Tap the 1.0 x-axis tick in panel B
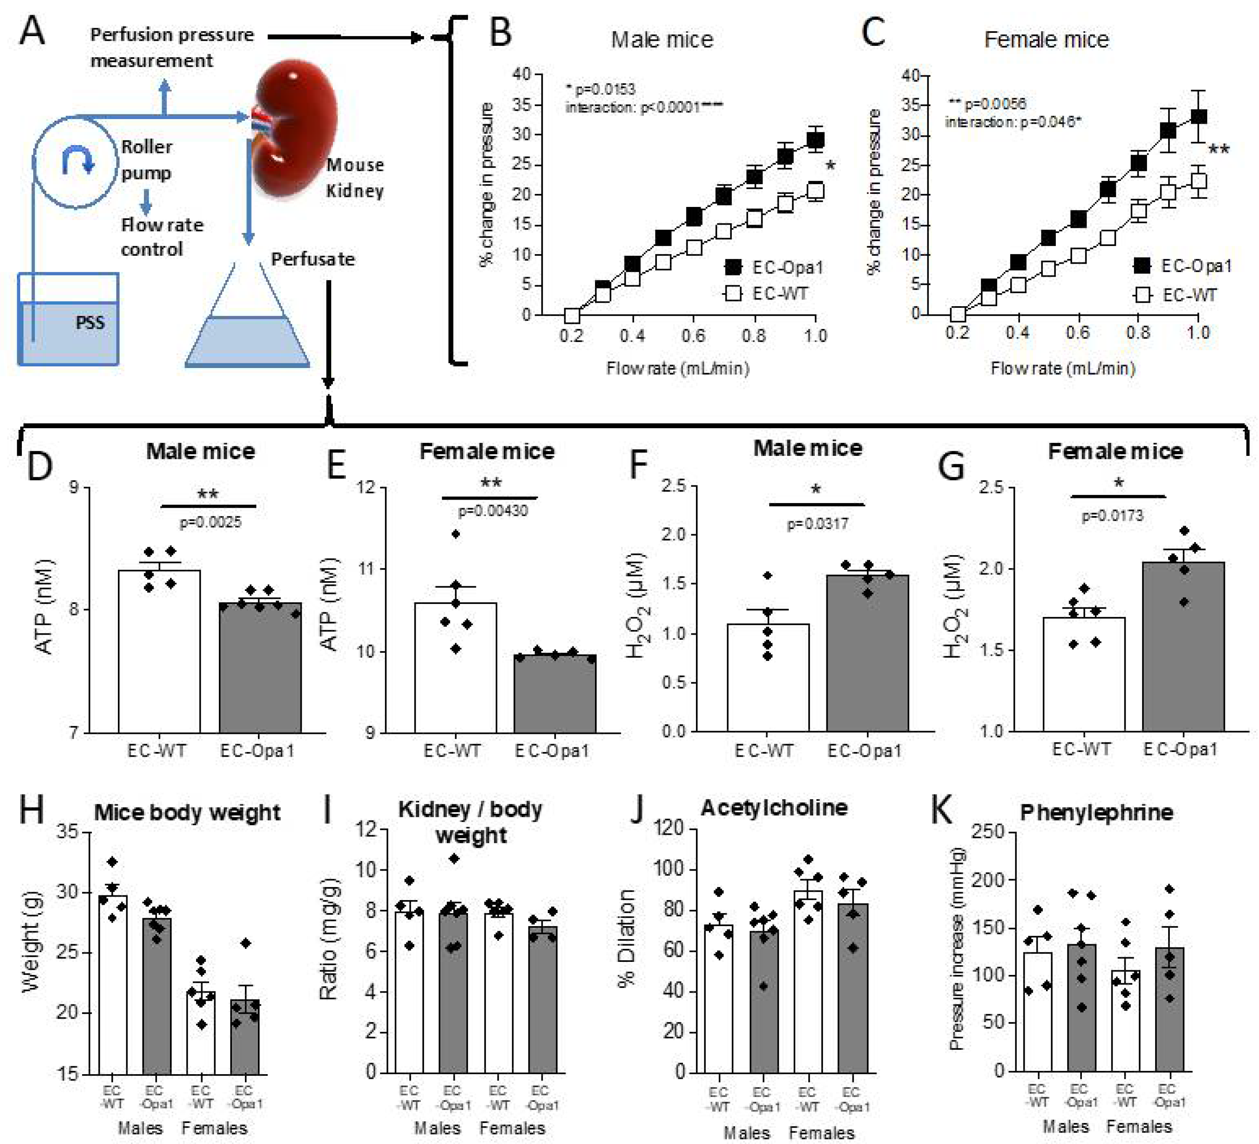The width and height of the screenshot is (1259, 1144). click(x=815, y=336)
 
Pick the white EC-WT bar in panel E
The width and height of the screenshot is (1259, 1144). click(x=455, y=668)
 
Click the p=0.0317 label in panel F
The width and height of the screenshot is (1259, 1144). click(x=817, y=524)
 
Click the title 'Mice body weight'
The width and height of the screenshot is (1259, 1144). click(x=187, y=812)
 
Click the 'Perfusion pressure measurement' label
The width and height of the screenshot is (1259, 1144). click(x=172, y=48)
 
